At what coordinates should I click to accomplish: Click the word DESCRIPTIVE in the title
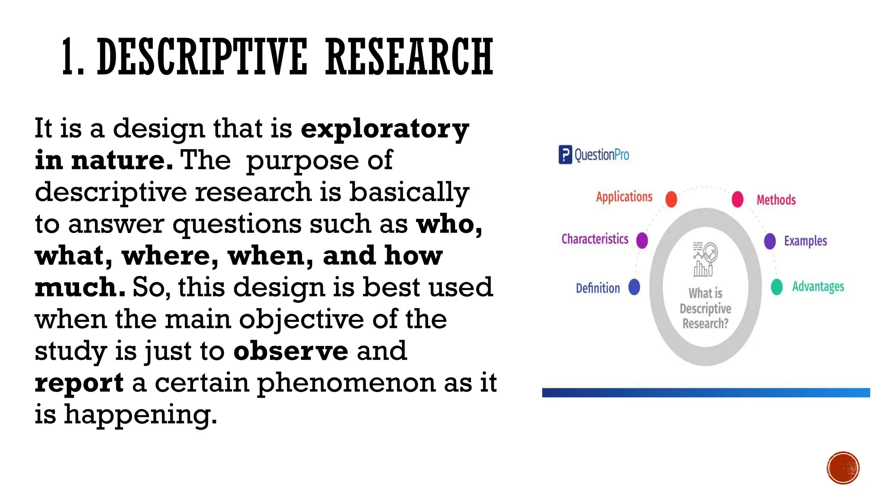coord(202,57)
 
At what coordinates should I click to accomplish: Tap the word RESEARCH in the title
coord(409,57)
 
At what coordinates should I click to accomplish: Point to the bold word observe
coord(290,351)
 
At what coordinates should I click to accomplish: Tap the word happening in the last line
coord(140,415)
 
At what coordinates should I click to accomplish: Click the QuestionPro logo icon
coord(565,154)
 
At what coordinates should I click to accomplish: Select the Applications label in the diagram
coord(624,197)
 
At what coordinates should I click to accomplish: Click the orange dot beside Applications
coord(671,199)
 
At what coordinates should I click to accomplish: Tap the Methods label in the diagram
coord(776,200)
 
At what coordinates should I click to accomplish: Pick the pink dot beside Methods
coord(738,199)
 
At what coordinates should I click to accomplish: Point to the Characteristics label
coord(595,239)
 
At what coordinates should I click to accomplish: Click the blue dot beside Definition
coord(634,287)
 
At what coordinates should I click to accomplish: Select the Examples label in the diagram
coord(805,241)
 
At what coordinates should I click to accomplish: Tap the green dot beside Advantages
coord(777,287)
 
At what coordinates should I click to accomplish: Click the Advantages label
coord(818,286)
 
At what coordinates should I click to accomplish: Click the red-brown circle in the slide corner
coord(843,468)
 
